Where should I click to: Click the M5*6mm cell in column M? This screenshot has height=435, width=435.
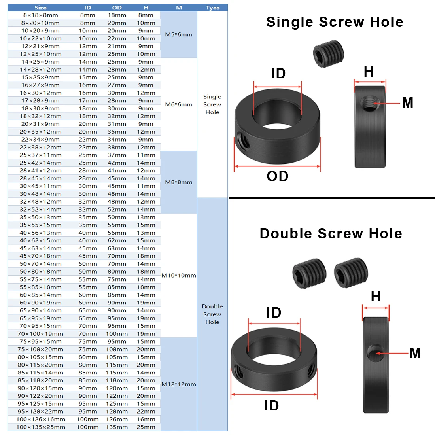[x=179, y=35]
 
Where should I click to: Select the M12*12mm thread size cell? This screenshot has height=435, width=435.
[x=179, y=384]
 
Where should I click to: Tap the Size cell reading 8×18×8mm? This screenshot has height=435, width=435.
[x=40, y=15]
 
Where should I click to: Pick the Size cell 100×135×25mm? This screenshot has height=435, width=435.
[x=40, y=427]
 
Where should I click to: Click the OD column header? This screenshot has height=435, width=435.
[x=117, y=8]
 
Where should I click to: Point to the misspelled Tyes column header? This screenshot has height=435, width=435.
[x=212, y=8]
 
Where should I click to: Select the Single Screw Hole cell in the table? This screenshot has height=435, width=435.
[x=212, y=104]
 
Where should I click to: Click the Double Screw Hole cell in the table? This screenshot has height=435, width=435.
[x=212, y=314]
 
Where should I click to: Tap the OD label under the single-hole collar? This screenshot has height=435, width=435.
[x=278, y=176]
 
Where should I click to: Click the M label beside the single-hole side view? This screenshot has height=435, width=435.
[x=408, y=103]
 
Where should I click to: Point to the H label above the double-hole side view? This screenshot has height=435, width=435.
[x=376, y=297]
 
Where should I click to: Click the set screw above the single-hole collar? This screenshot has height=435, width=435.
[x=329, y=54]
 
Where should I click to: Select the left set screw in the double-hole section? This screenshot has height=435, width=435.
[x=309, y=274]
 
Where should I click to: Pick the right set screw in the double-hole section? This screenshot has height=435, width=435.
[x=351, y=272]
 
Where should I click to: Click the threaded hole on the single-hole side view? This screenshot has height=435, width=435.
[x=370, y=103]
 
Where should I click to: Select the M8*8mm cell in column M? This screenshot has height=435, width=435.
[x=179, y=182]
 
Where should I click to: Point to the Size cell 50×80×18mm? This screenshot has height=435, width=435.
[x=40, y=272]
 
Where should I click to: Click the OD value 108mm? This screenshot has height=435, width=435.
[x=117, y=349]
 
